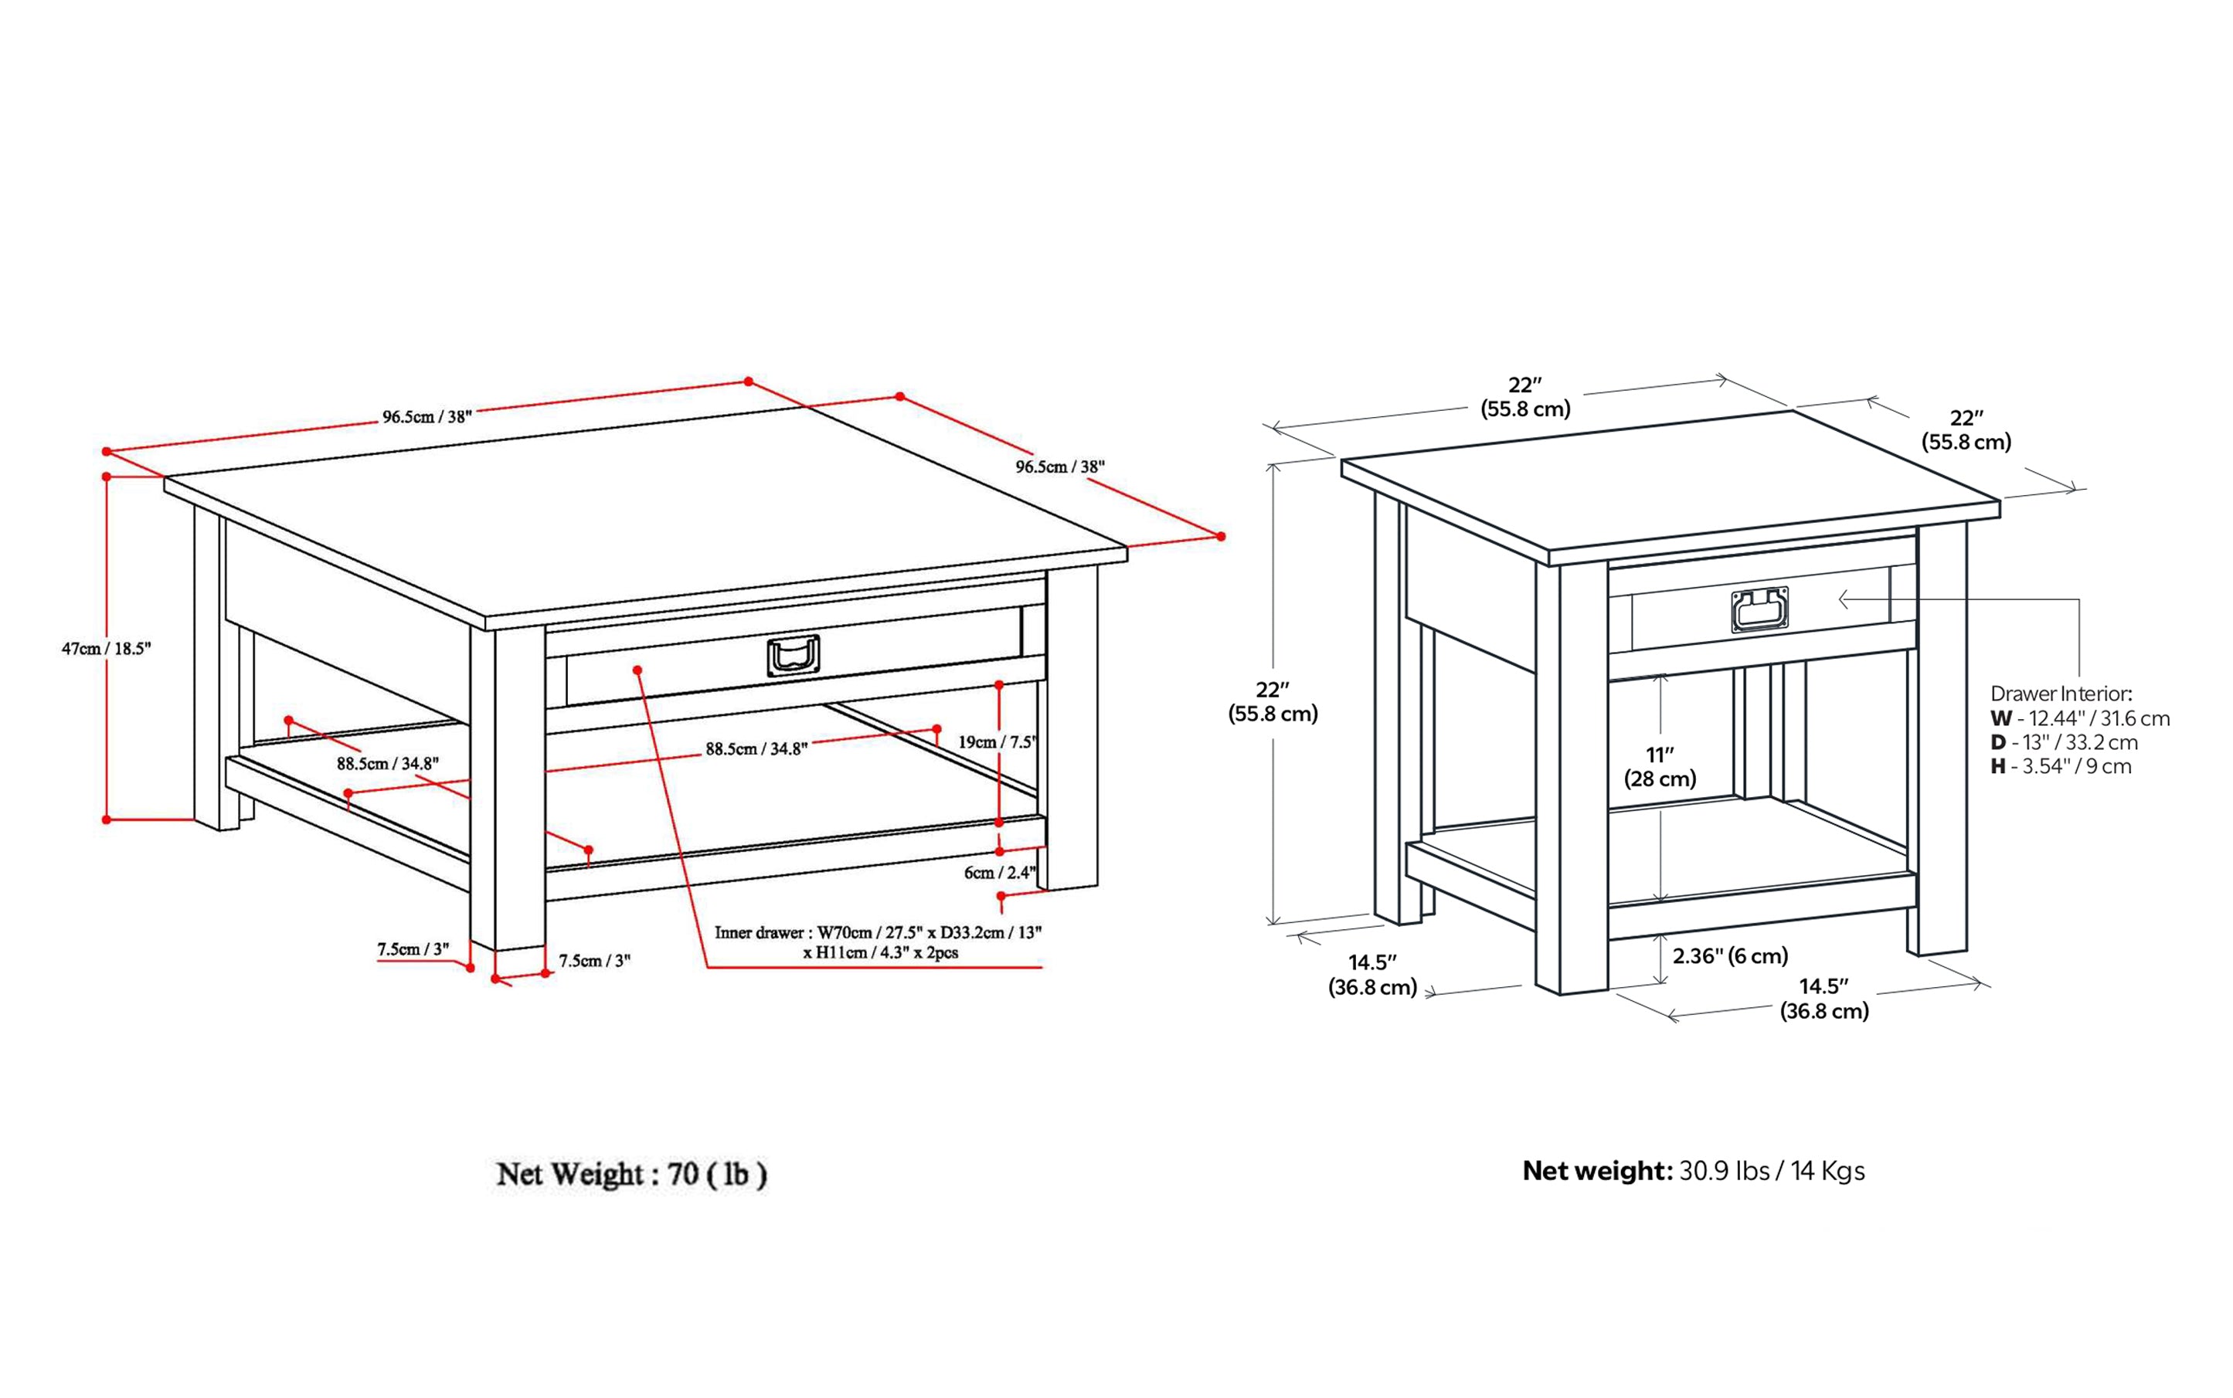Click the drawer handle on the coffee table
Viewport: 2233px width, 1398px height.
pos(793,656)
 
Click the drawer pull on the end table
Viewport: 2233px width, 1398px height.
pos(1759,610)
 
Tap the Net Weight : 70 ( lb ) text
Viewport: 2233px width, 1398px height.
pos(632,1174)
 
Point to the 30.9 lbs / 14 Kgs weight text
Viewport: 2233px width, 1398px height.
pos(1772,1171)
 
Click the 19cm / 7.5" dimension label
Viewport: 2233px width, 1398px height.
pos(996,741)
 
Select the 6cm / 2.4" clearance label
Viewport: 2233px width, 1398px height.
pos(999,872)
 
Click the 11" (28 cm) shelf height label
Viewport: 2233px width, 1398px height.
pos(1660,766)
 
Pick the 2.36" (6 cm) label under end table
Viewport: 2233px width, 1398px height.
pos(1730,955)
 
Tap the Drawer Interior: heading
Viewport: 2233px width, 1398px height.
pos(2061,694)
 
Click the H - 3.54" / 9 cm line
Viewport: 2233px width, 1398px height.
pos(2061,765)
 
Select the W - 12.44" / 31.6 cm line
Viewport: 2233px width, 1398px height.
pos(2079,718)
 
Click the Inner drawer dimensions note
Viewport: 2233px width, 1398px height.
pos(877,942)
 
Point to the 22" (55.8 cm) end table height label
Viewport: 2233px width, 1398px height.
pos(1273,701)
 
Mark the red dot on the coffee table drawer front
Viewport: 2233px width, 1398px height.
pos(637,670)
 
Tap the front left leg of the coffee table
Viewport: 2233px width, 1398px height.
pos(507,786)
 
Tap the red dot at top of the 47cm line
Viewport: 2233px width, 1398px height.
pos(107,477)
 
